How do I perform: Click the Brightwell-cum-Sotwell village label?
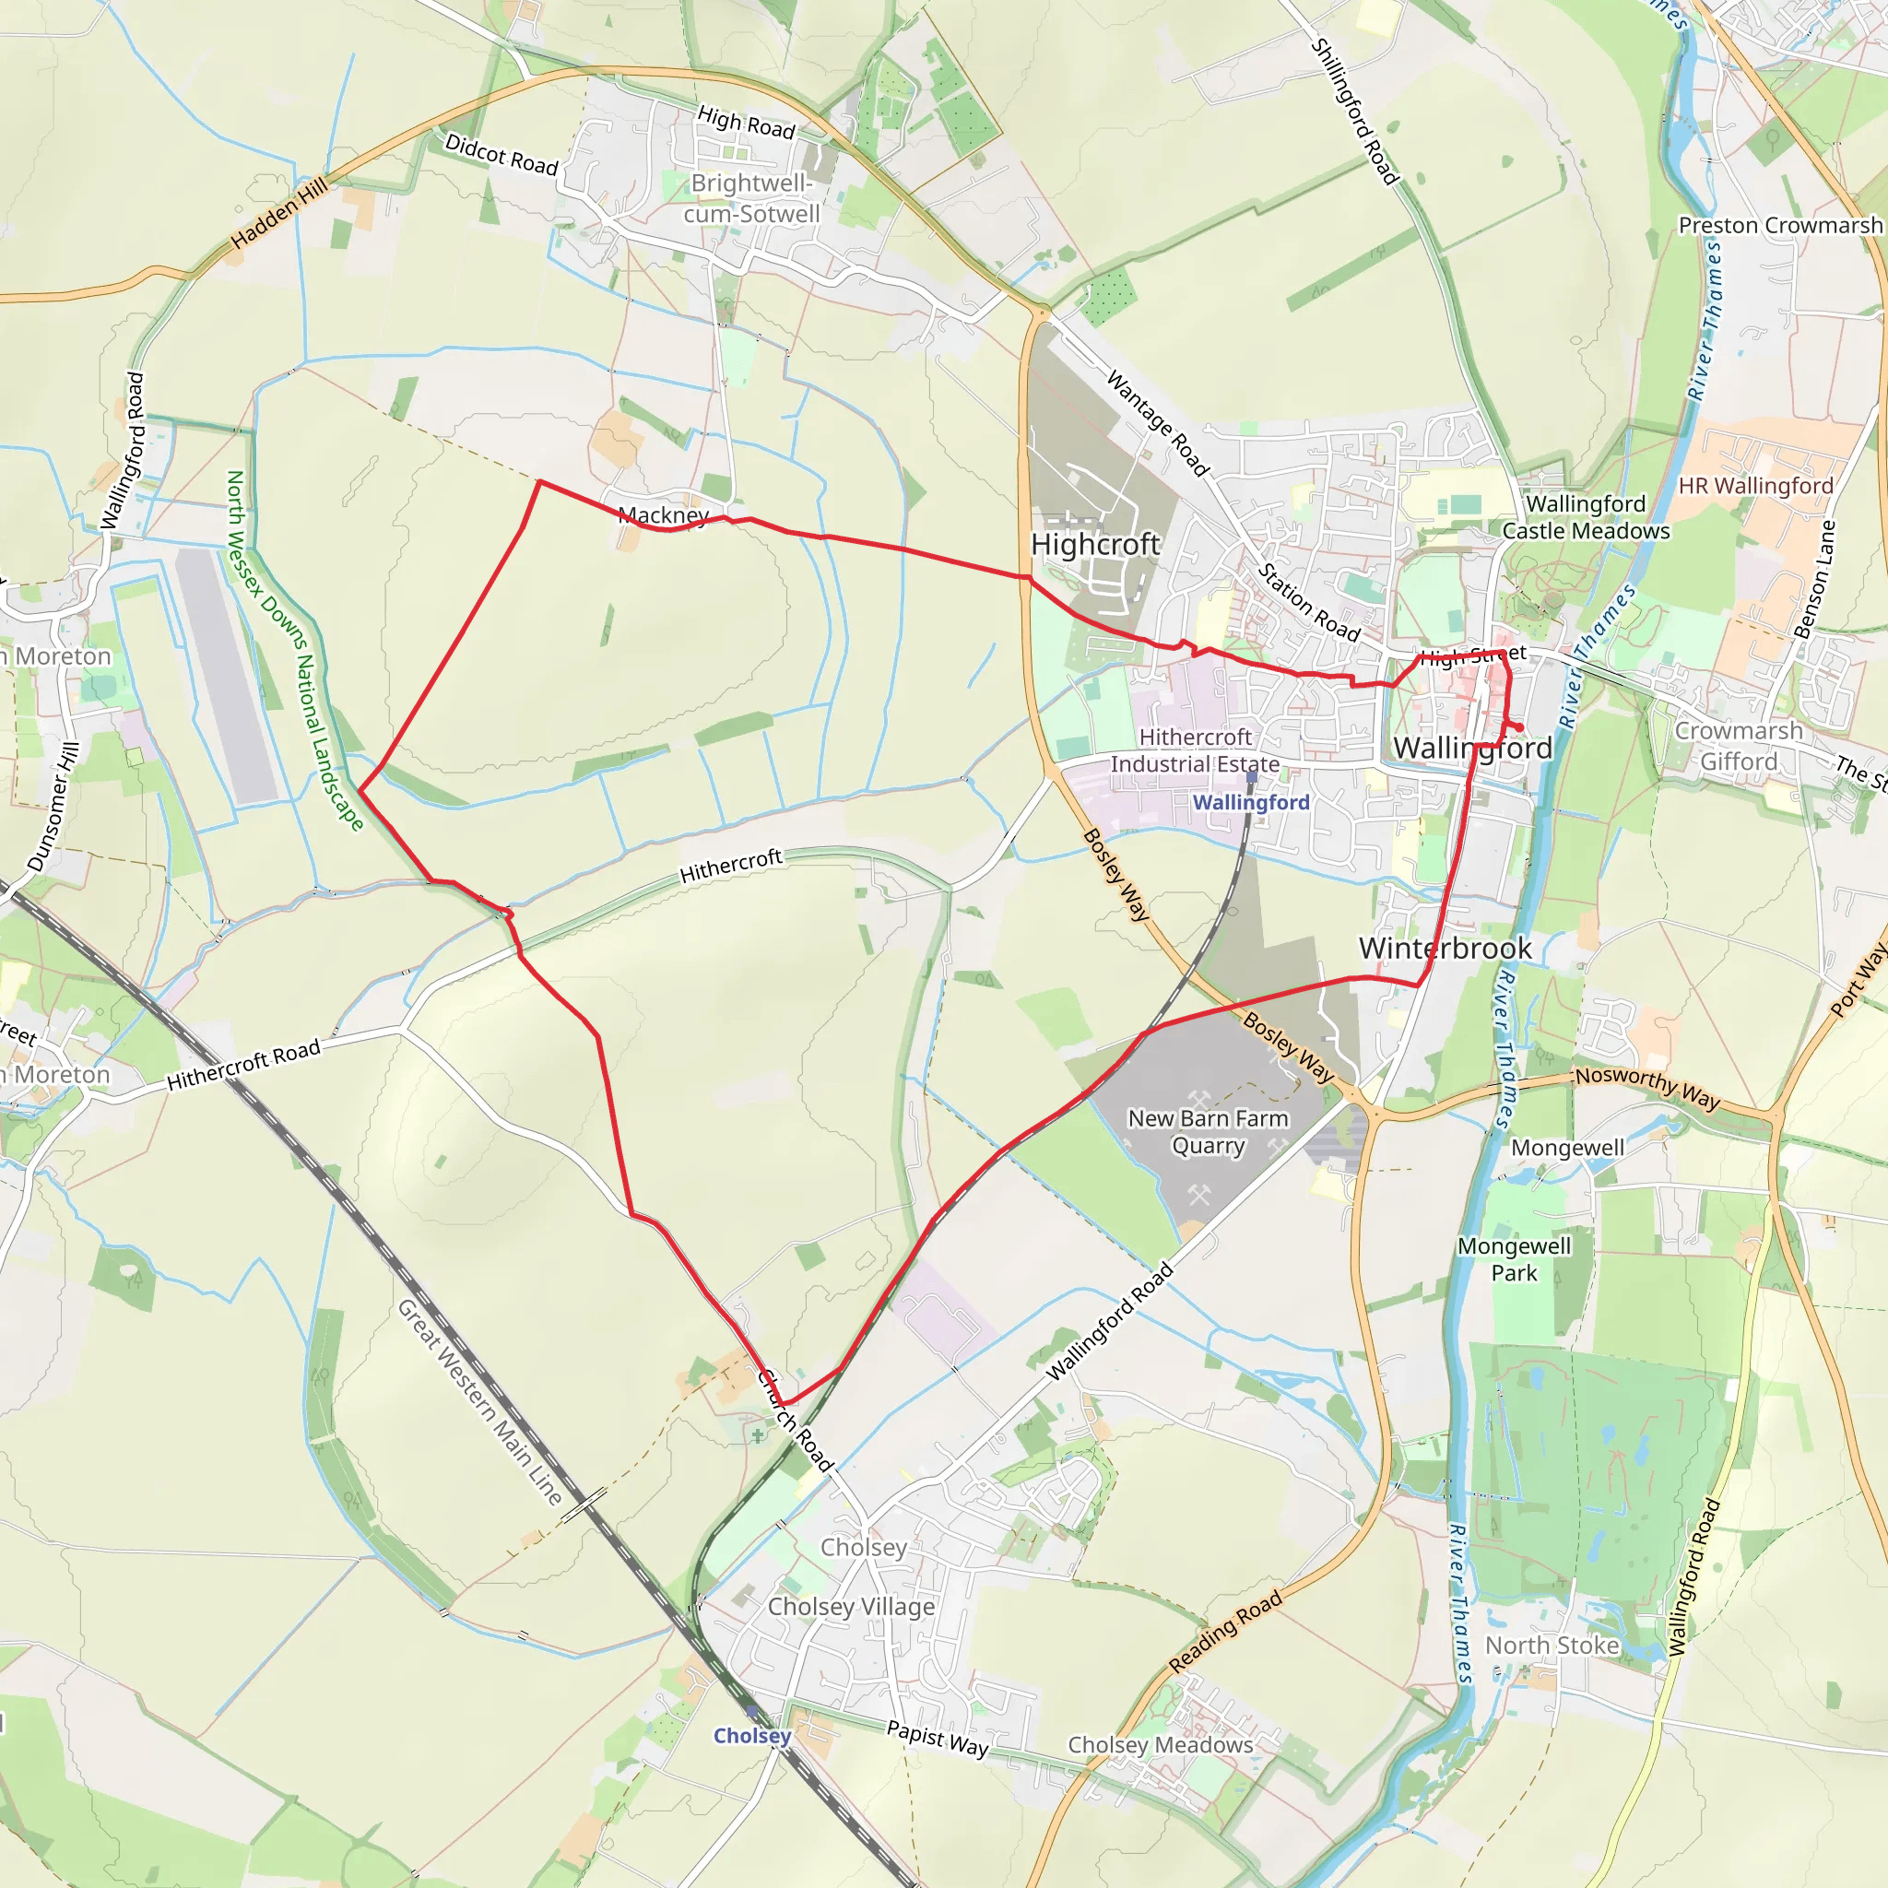(750, 198)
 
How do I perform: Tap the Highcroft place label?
(1094, 544)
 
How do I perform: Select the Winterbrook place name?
(1445, 948)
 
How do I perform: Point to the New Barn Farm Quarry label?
(1208, 1132)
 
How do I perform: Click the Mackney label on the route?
(664, 515)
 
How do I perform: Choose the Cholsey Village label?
(850, 1607)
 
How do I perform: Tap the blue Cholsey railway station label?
(751, 1736)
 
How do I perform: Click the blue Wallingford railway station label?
(1251, 802)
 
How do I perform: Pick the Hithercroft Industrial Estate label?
(1194, 750)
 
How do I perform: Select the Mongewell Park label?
(1514, 1259)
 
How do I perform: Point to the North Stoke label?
(1552, 1646)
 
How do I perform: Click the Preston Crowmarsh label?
(1779, 226)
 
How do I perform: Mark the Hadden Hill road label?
(279, 213)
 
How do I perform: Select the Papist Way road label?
(938, 1739)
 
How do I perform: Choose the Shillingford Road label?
(1353, 111)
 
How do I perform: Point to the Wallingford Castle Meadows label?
(1585, 517)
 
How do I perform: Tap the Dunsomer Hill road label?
(53, 808)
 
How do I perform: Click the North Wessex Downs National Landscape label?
(294, 650)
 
